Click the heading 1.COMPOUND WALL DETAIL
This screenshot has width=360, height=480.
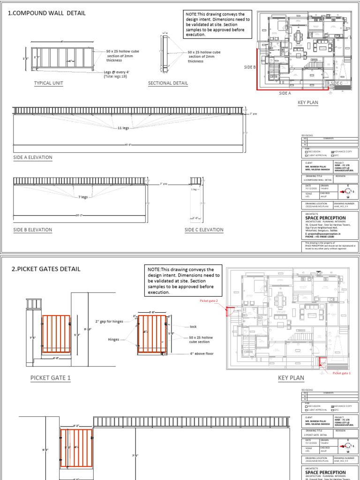(x=47, y=13)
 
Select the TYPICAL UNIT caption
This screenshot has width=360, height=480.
(x=48, y=83)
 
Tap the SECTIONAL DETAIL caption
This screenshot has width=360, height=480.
(x=168, y=83)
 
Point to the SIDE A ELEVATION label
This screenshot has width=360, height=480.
(x=33, y=157)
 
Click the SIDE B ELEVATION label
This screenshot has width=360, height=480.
(x=33, y=230)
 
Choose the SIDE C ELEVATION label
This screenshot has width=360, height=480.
(x=204, y=230)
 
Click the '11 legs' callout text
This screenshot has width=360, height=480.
(x=123, y=127)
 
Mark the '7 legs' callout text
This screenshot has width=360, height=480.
(x=82, y=197)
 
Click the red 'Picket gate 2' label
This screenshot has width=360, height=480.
(x=210, y=300)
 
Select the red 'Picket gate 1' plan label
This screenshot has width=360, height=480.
(x=343, y=373)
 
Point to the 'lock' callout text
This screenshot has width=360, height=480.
(x=193, y=326)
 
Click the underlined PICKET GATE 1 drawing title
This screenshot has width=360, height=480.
(x=51, y=378)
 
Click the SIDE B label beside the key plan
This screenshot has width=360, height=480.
(x=250, y=67)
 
